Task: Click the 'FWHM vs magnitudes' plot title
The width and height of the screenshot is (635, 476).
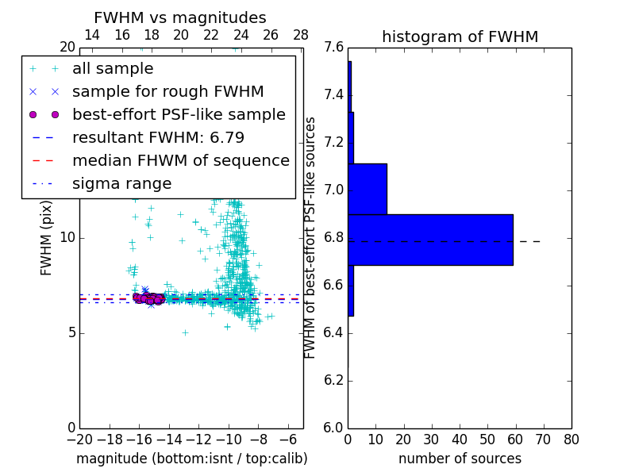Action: point(180,18)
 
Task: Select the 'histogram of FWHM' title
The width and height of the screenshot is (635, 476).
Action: point(460,36)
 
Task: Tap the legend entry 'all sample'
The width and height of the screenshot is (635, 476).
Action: point(113,69)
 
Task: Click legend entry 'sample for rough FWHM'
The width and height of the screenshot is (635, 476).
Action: point(167,92)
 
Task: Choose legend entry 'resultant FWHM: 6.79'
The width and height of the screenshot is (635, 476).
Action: point(158,138)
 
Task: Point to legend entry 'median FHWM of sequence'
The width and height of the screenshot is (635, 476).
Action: point(180,161)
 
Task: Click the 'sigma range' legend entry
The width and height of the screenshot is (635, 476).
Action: point(121,184)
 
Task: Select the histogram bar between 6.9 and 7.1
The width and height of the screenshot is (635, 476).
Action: point(368,189)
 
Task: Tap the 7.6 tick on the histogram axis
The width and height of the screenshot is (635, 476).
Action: point(334,48)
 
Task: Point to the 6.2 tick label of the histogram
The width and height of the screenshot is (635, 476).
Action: point(334,380)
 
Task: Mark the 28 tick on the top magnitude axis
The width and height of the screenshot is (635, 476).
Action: point(301,36)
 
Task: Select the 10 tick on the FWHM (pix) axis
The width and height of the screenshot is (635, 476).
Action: point(67,238)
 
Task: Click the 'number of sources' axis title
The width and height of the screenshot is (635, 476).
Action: point(460,459)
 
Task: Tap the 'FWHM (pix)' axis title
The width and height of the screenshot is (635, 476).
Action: point(47,238)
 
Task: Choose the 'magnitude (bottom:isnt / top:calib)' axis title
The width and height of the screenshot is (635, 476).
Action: point(191,459)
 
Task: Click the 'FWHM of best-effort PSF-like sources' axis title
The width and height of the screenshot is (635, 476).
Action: point(310,237)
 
